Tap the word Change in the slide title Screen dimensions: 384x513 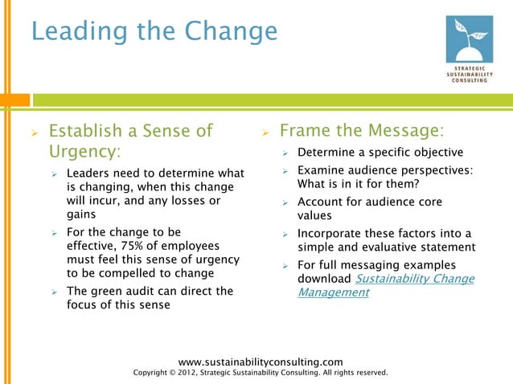pos(230,31)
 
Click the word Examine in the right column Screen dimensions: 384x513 pos(322,170)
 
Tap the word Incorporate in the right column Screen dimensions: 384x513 pos(334,233)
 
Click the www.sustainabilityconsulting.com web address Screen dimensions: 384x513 pos(260,362)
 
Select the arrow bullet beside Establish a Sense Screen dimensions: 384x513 pos(35,131)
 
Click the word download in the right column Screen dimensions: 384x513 pos(324,279)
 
